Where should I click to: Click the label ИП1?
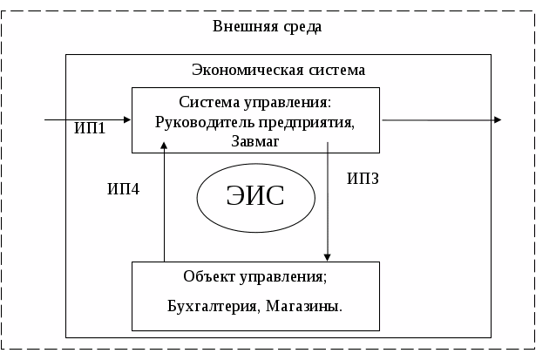point(90,129)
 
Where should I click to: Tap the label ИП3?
point(363,179)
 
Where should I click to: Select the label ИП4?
point(123,188)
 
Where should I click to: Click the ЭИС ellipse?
point(255,196)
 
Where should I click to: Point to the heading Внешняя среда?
point(268,26)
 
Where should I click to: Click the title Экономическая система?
point(278,70)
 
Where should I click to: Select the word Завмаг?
point(255,140)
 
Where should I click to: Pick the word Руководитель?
point(200,122)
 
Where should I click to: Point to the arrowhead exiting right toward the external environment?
point(497,119)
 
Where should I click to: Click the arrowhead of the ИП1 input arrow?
point(126,119)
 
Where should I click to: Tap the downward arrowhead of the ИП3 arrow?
point(327,256)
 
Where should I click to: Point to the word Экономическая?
point(242,70)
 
